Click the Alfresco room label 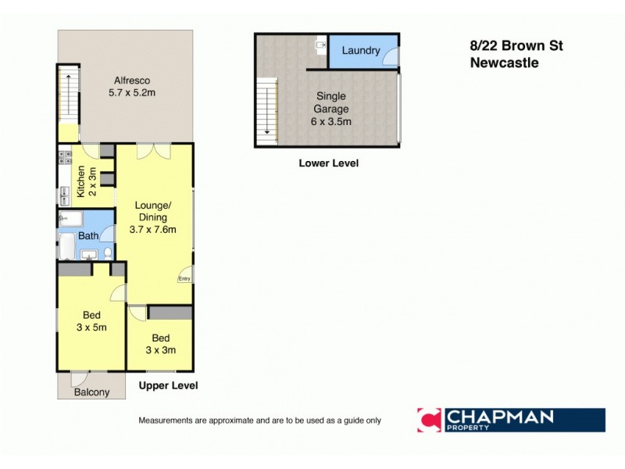pyautogui.click(x=132, y=81)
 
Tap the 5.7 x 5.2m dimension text pyautogui.click(x=132, y=93)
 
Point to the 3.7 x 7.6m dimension pyautogui.click(x=152, y=230)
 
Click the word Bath pyautogui.click(x=88, y=235)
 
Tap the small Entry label pyautogui.click(x=184, y=278)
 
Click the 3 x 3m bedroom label pyautogui.click(x=161, y=344)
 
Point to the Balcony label pyautogui.click(x=91, y=392)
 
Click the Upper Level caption pyautogui.click(x=168, y=386)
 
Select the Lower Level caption pyautogui.click(x=328, y=164)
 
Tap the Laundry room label pyautogui.click(x=361, y=51)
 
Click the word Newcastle pyautogui.click(x=504, y=63)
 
